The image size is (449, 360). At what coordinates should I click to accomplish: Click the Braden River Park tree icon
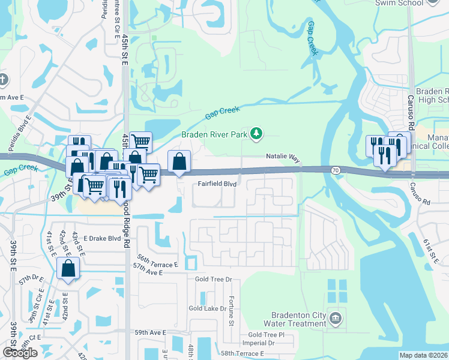(256, 133)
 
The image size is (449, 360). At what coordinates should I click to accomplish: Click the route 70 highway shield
(335, 170)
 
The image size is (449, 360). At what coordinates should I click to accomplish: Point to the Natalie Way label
(283, 157)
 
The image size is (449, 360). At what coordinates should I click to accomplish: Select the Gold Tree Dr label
(213, 279)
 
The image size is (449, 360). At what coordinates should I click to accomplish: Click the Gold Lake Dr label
(210, 308)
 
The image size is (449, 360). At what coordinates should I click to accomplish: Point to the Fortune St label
(231, 311)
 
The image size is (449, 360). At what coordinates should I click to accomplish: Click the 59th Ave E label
(150, 332)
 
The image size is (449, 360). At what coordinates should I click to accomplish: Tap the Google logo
(20, 353)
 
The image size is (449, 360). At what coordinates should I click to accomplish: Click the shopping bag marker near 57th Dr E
(68, 269)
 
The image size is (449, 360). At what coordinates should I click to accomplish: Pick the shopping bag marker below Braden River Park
(179, 163)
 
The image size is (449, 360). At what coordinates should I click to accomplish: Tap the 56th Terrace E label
(158, 260)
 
